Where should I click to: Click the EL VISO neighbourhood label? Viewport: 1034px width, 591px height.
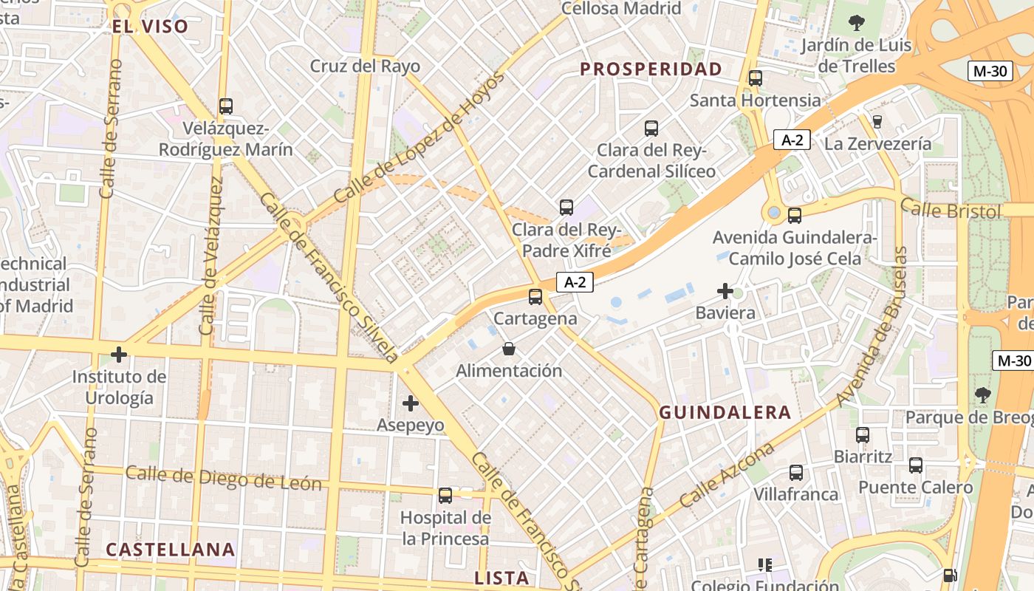pos(150,27)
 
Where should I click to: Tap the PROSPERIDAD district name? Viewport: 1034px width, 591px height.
pos(651,69)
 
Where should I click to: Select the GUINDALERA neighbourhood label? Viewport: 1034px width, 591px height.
pos(725,413)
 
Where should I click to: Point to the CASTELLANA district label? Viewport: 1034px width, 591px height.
pos(170,550)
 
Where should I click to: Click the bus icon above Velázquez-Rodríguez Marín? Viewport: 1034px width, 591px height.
pos(226,106)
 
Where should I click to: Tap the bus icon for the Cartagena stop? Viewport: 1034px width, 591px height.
pos(535,297)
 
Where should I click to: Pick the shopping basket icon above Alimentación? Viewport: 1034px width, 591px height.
pos(509,348)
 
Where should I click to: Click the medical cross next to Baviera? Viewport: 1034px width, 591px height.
pos(725,291)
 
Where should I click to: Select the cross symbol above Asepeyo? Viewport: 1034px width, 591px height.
pos(411,403)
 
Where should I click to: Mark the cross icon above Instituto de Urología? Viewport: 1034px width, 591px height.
pos(119,355)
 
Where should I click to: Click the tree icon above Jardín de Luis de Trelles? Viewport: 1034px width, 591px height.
pos(857,23)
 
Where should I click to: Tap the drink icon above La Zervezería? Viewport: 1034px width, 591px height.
pos(877,121)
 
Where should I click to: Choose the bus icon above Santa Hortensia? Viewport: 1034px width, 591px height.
pos(755,78)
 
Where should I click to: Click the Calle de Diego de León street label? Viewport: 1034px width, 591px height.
pos(223,478)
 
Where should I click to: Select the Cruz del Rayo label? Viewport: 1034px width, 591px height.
pos(365,66)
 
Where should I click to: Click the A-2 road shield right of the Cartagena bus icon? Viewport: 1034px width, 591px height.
pos(575,281)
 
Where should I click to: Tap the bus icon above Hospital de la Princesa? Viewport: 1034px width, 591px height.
pos(445,496)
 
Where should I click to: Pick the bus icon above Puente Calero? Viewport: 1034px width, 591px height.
pos(916,465)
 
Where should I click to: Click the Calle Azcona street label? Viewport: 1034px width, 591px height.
pos(727,474)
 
